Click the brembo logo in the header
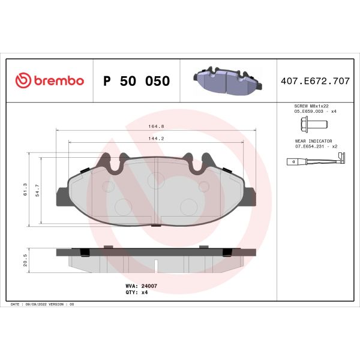point(49,81)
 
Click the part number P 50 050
point(137,81)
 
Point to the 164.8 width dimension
point(157,127)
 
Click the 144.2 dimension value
point(157,139)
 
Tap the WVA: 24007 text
point(142,286)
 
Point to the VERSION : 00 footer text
point(62,305)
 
